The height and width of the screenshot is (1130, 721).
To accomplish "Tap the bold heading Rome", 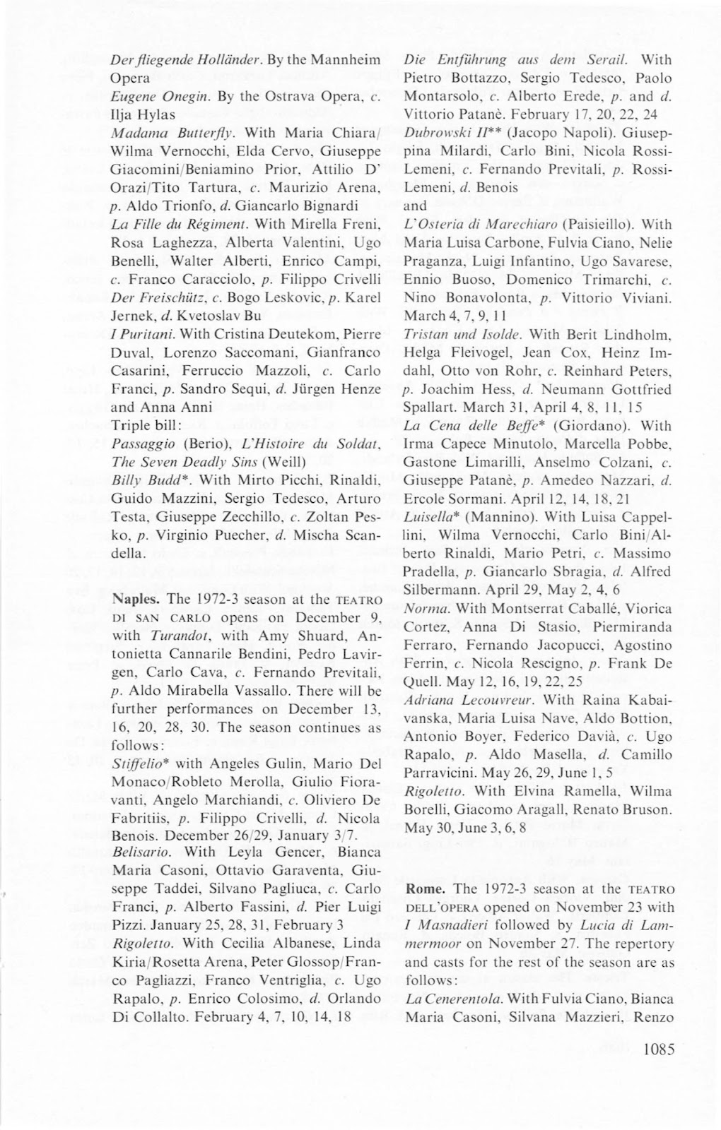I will coord(424,888).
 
